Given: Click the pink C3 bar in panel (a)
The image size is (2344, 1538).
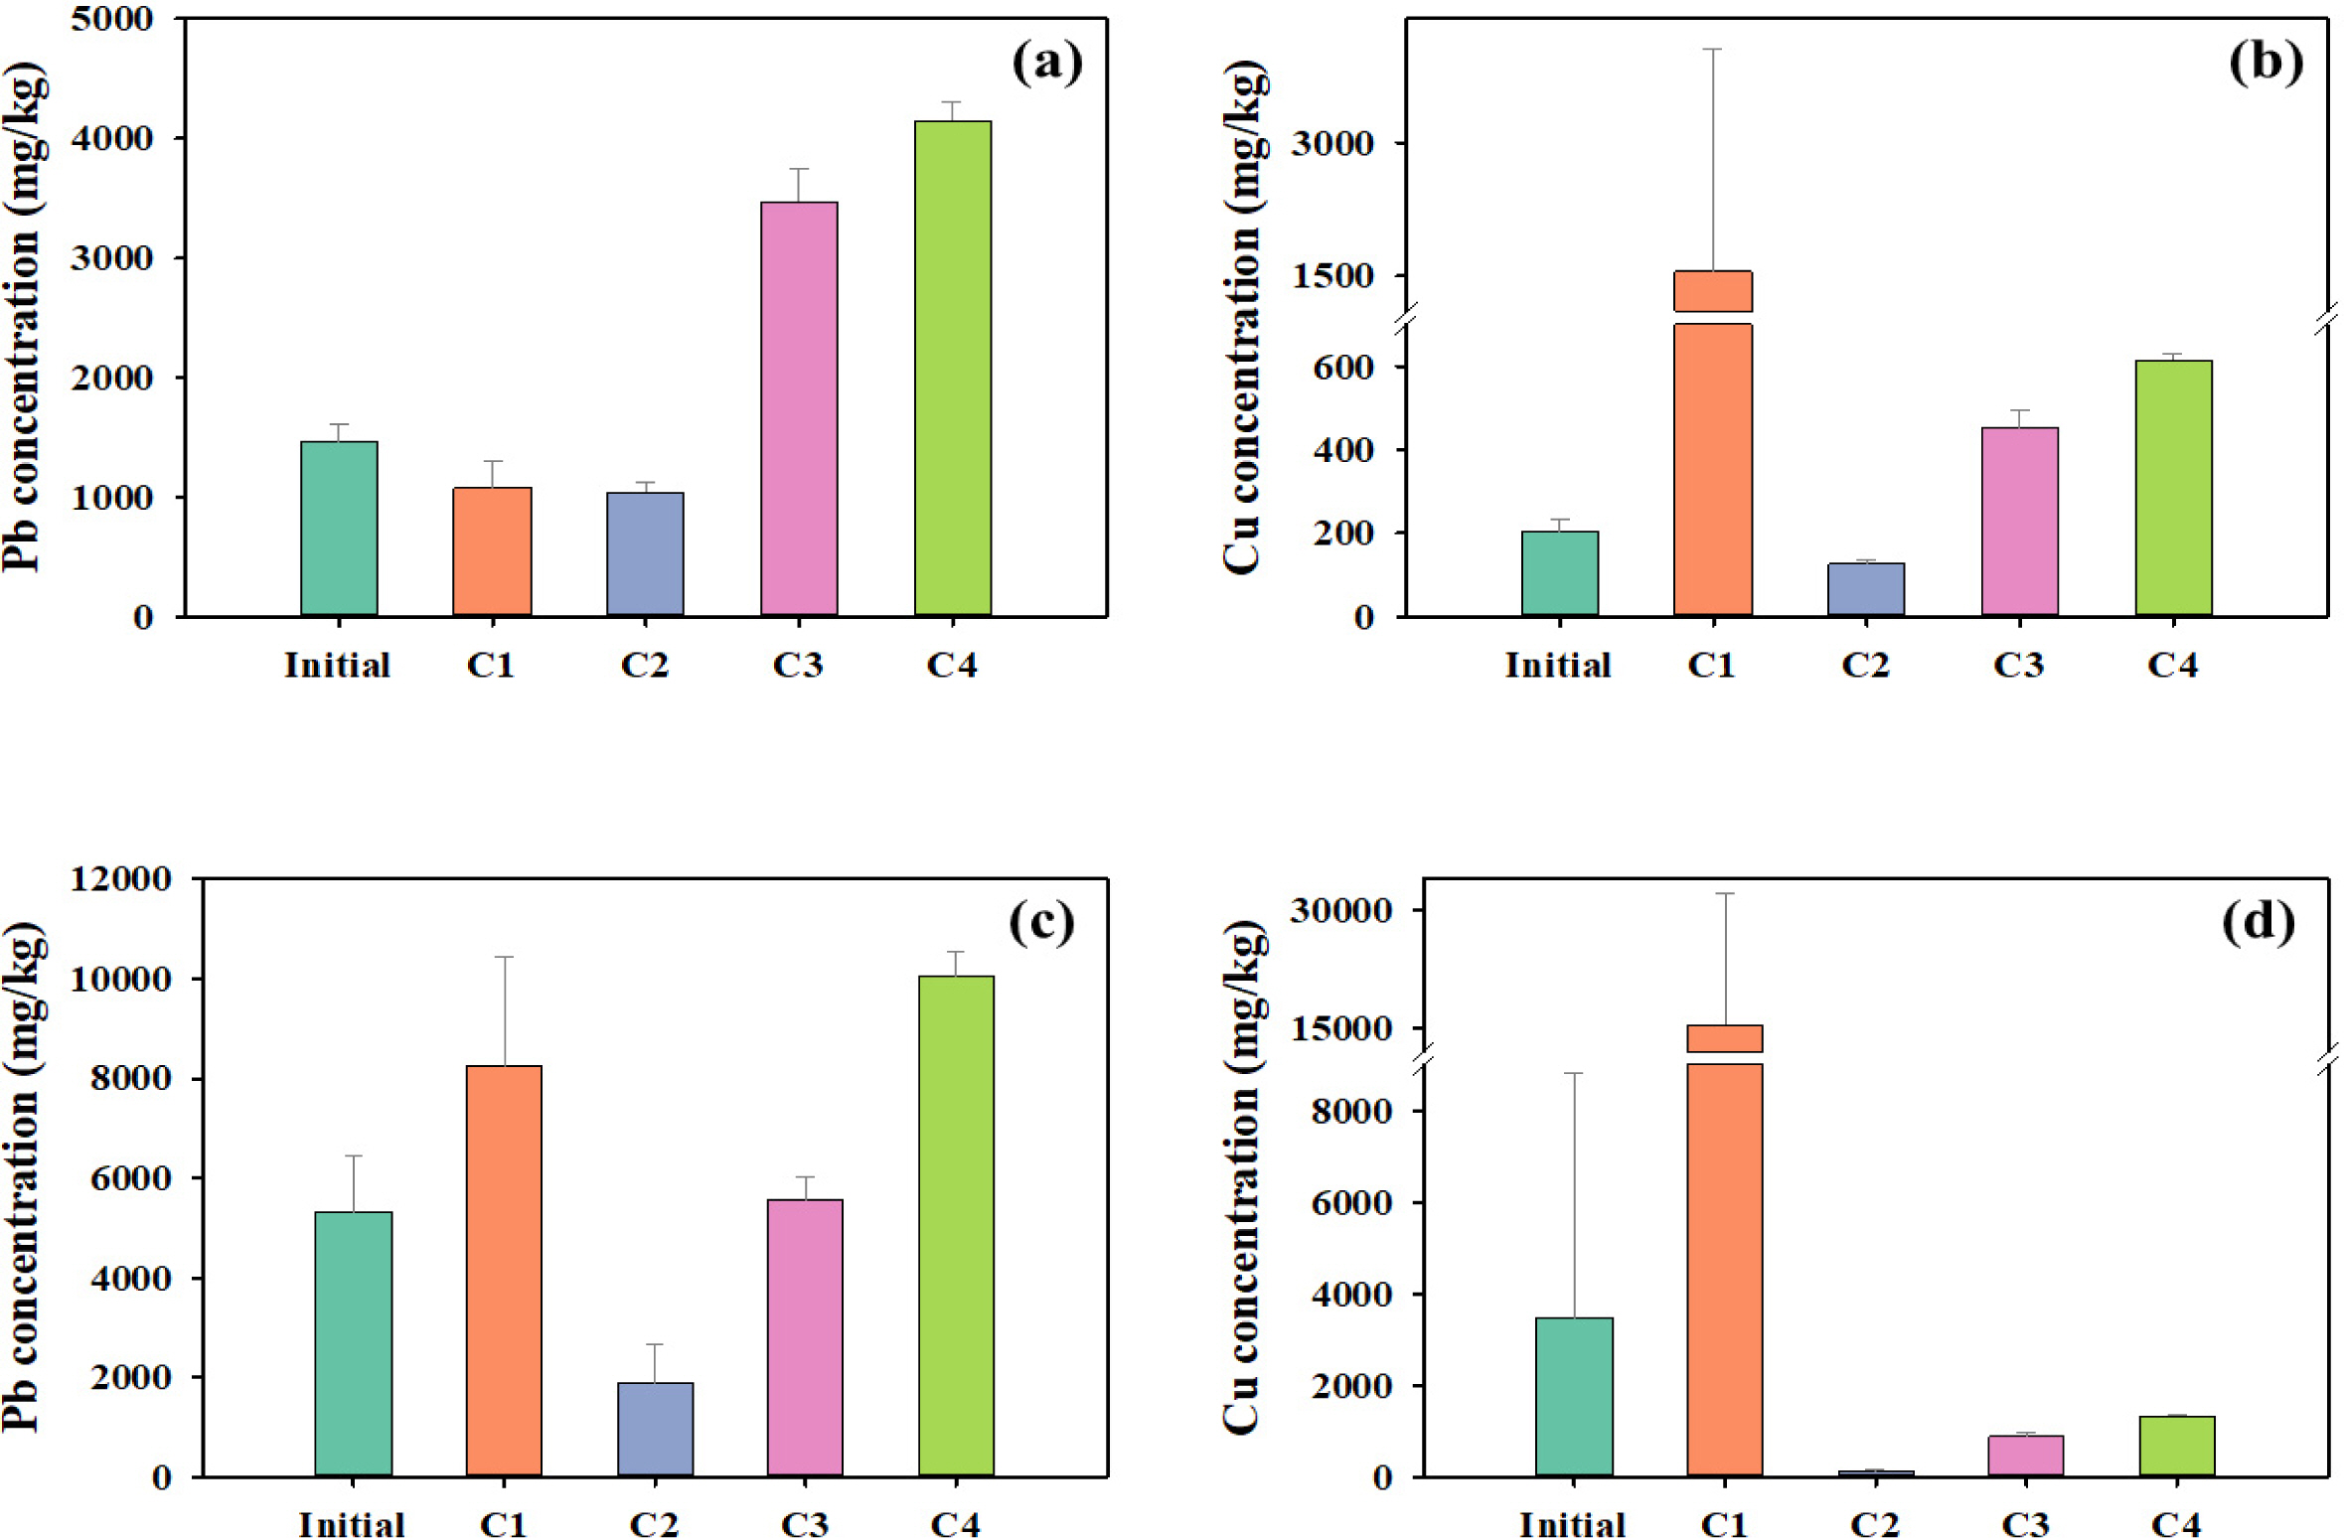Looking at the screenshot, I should (x=798, y=408).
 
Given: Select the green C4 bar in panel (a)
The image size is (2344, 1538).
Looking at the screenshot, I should (x=952, y=368).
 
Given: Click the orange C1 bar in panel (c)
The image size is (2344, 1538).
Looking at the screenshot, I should (x=504, y=1271).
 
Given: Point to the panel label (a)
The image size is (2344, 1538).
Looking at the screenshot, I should (x=1046, y=63).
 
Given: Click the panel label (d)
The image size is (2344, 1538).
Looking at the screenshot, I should (x=2258, y=922).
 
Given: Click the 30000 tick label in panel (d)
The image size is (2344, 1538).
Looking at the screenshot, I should (x=1340, y=910).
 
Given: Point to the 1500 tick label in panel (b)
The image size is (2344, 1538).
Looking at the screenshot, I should (x=1332, y=276).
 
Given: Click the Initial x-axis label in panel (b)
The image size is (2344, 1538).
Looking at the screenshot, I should (x=1557, y=665).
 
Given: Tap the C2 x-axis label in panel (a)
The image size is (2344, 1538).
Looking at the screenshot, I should (x=644, y=665).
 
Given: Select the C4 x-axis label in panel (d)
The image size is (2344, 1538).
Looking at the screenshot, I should (x=2176, y=1524).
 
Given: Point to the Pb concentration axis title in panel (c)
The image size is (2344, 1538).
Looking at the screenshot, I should (x=22, y=1177).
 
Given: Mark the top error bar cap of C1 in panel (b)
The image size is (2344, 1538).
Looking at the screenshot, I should (x=1712, y=49).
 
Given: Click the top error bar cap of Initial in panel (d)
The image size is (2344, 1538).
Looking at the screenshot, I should (x=1574, y=1073).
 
